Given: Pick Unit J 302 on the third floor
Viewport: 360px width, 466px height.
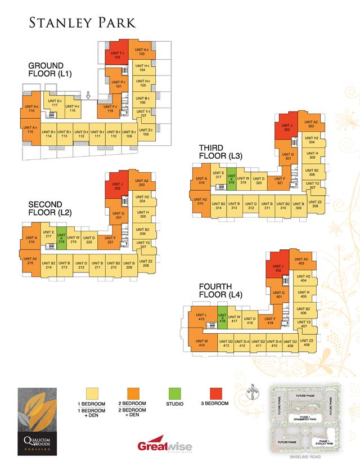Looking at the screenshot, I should pos(287,128).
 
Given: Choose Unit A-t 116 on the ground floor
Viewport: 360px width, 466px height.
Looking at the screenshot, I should pos(31,108).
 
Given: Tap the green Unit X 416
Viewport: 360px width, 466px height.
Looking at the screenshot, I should pos(222,319).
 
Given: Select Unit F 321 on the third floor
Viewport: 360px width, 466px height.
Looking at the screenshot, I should pos(280,181).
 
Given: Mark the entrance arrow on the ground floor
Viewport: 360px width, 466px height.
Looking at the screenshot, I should pos(88,96).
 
